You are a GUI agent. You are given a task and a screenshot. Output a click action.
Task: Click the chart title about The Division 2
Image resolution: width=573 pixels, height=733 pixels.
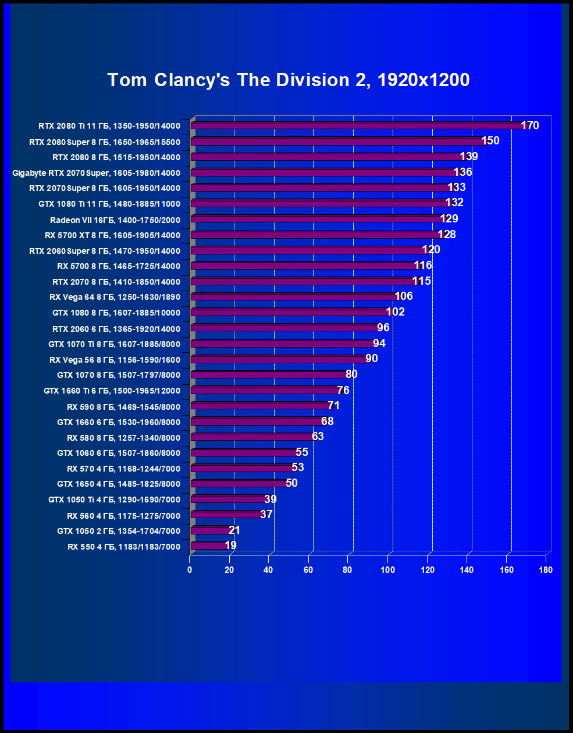(x=289, y=80)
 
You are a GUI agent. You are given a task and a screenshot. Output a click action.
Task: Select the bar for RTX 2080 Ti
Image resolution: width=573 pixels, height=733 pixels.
(x=358, y=126)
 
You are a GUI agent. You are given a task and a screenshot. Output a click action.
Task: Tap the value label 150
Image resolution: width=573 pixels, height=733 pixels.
(x=490, y=141)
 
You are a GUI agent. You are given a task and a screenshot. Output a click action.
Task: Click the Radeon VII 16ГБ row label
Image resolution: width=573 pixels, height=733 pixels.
(x=115, y=220)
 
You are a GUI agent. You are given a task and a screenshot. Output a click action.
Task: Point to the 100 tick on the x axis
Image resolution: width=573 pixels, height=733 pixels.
(x=387, y=570)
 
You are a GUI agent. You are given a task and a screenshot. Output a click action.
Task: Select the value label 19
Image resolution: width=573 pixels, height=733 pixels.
(x=230, y=546)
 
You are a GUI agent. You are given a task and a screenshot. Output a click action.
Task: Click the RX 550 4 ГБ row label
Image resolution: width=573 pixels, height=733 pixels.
(x=124, y=547)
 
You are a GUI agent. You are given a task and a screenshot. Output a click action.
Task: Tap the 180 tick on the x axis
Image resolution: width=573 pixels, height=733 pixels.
(x=546, y=570)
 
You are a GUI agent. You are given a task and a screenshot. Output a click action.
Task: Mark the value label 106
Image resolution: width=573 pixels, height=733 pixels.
(x=404, y=296)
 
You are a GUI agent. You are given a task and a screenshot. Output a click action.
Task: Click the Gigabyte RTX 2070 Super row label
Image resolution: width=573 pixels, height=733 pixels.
(x=96, y=173)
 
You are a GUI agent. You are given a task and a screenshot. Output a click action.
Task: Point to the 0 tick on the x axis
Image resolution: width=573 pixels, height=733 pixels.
(x=190, y=570)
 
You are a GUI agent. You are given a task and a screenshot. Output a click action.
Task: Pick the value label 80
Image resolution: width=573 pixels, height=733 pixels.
(x=351, y=374)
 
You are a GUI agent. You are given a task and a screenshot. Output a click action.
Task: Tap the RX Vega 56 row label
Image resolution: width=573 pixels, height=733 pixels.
(x=115, y=360)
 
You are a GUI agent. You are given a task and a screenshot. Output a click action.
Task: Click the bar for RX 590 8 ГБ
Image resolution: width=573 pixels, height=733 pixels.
(x=261, y=406)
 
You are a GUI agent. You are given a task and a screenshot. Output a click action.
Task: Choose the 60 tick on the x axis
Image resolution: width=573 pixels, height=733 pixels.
(x=308, y=570)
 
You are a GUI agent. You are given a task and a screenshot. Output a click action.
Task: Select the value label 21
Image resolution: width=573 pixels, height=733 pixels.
(x=234, y=530)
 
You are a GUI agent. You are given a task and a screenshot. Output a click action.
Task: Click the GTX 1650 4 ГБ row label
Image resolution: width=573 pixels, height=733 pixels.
(x=119, y=484)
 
